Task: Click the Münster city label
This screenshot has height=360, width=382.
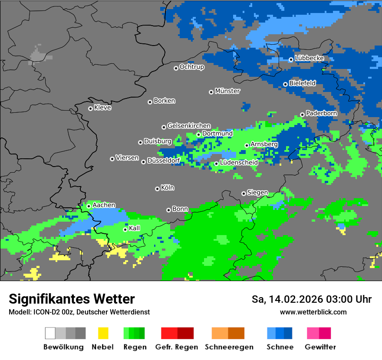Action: click(x=227, y=91)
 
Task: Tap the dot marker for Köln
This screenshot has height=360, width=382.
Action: click(x=157, y=189)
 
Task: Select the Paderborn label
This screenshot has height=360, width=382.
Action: click(x=321, y=113)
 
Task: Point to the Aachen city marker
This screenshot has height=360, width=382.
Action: click(x=89, y=206)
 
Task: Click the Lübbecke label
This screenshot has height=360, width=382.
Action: click(x=309, y=58)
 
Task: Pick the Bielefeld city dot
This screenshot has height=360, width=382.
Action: click(x=285, y=84)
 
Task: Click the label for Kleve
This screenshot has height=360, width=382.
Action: click(x=102, y=108)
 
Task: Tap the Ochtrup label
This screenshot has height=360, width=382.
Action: click(x=192, y=67)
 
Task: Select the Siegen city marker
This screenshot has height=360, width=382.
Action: click(x=244, y=193)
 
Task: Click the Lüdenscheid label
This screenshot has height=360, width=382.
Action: click(x=239, y=162)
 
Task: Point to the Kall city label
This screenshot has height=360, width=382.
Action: click(x=135, y=228)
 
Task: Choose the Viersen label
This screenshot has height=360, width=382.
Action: click(x=127, y=158)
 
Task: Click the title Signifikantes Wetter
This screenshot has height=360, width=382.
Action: click(x=72, y=299)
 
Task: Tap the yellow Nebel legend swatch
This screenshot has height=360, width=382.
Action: click(x=103, y=333)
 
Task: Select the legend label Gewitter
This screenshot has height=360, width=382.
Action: click(x=320, y=347)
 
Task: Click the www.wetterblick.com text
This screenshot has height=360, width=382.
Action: click(x=313, y=312)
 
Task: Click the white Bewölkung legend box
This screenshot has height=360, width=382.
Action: click(x=50, y=333)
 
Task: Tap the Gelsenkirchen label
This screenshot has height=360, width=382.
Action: click(x=189, y=126)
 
